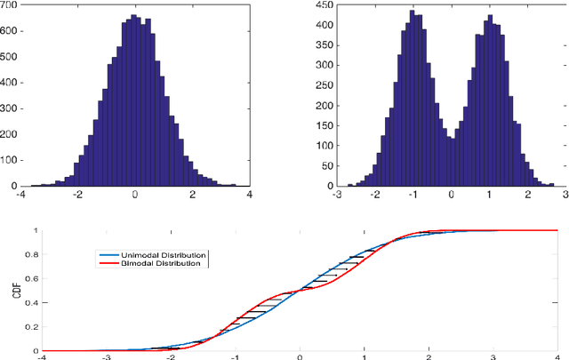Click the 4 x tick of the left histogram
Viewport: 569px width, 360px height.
249,196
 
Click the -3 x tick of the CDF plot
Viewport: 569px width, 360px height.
107,357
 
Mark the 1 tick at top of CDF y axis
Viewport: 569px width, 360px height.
34,231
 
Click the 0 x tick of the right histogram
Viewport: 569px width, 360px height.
451,196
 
